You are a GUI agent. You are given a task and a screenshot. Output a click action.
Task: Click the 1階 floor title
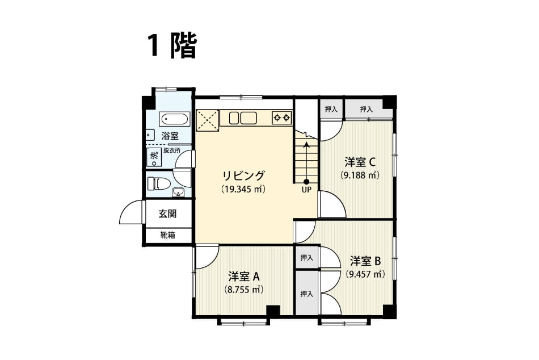(x=172, y=46)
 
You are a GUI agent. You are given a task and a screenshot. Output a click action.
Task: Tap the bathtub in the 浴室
(x=175, y=119)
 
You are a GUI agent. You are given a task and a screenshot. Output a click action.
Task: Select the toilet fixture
(x=158, y=183)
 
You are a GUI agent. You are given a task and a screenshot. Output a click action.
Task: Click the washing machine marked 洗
(x=153, y=157)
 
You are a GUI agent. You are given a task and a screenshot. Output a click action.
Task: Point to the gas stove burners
(x=282, y=118)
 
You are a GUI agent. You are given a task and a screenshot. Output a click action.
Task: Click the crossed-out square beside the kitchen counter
(x=207, y=120)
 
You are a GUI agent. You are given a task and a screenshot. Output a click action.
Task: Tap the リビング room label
(x=244, y=176)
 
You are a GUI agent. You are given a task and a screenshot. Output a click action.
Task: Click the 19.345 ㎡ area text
(x=244, y=189)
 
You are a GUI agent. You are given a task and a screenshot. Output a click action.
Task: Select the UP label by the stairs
(x=306, y=189)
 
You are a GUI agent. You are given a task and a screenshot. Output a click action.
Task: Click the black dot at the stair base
(x=306, y=182)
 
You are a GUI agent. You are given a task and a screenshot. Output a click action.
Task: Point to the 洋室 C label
(x=360, y=162)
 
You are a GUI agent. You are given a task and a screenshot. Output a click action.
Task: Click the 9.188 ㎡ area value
(x=360, y=175)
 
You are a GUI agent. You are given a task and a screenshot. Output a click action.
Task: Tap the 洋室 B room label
(x=365, y=261)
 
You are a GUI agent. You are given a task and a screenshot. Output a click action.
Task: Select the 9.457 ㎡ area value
(x=365, y=274)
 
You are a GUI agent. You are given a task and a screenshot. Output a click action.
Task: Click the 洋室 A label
(x=244, y=277)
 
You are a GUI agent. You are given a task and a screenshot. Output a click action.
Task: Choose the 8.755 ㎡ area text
(x=244, y=290)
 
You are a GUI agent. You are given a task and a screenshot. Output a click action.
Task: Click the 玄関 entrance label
(x=167, y=214)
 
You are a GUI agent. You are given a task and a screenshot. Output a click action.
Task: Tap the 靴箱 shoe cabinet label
(x=168, y=235)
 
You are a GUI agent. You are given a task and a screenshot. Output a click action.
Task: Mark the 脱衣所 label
(x=171, y=150)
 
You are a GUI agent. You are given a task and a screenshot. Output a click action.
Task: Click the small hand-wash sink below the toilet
(x=178, y=192)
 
